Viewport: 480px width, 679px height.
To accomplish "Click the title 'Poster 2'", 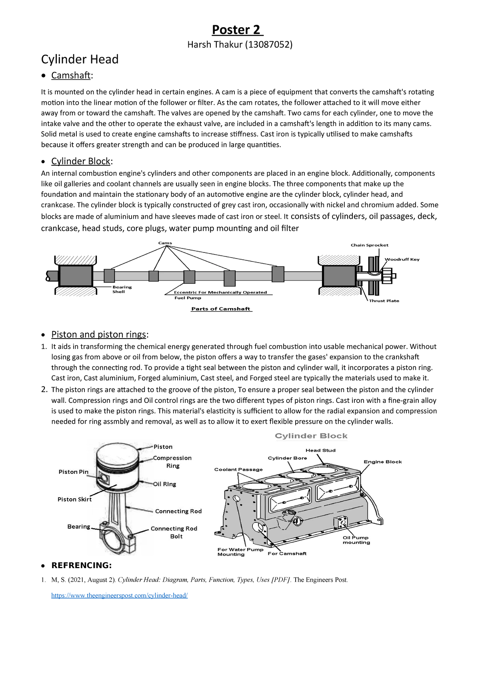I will pyautogui.click(x=236, y=30).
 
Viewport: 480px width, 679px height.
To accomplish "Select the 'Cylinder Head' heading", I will pyautogui.click(x=80, y=59).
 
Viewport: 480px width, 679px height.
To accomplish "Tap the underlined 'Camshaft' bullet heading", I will pyautogui.click(x=71, y=75).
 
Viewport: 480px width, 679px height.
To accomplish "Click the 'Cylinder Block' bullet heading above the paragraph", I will pyautogui.click(x=81, y=161).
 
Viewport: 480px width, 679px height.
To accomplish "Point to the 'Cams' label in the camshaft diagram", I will pyautogui.click(x=165, y=243).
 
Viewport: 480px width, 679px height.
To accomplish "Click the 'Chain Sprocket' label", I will pyautogui.click(x=369, y=245).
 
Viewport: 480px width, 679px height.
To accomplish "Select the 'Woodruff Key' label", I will pyautogui.click(x=402, y=259).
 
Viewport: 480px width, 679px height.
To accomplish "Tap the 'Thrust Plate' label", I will pyautogui.click(x=384, y=300).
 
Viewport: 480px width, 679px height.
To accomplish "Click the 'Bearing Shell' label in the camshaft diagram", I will pyautogui.click(x=122, y=289).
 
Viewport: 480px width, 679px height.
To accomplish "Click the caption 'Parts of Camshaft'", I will pyautogui.click(x=221, y=309).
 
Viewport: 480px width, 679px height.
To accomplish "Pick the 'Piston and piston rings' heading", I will pyautogui.click(x=99, y=334).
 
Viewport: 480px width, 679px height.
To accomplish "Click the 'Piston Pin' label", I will pyautogui.click(x=73, y=472).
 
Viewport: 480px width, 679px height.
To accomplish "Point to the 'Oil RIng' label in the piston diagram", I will pyautogui.click(x=164, y=484).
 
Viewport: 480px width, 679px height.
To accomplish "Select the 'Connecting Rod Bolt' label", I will pyautogui.click(x=174, y=532).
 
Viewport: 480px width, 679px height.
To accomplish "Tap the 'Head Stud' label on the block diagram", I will pyautogui.click(x=320, y=450).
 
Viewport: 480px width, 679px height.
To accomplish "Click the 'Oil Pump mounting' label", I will pyautogui.click(x=356, y=540).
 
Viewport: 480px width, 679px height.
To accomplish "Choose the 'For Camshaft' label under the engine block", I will pyautogui.click(x=287, y=553).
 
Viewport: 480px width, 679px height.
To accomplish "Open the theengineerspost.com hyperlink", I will pyautogui.click(x=119, y=595).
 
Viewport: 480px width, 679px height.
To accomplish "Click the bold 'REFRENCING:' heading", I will pyautogui.click(x=81, y=565).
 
